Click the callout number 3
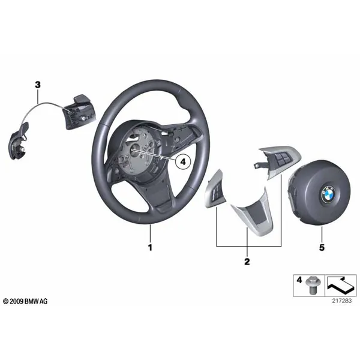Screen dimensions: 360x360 pos(38,85)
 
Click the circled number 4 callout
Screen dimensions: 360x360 pos(183,162)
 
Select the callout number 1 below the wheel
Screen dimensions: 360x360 pos(150,247)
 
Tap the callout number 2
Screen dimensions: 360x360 pos(247,262)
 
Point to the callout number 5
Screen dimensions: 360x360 pos(322,247)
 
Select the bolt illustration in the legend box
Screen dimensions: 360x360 pos(313,285)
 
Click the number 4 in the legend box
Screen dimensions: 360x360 pos(299,280)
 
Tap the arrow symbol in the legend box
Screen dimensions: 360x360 pos(341,285)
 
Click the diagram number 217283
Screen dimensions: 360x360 pos(341,301)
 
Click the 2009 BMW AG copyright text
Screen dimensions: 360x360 pos(25,301)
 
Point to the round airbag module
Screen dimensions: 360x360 pos(319,193)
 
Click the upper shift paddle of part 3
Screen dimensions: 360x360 pos(79,113)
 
